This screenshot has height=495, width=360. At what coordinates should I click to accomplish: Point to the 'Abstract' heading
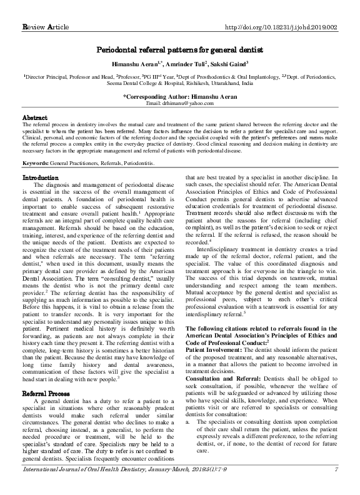(35, 117)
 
